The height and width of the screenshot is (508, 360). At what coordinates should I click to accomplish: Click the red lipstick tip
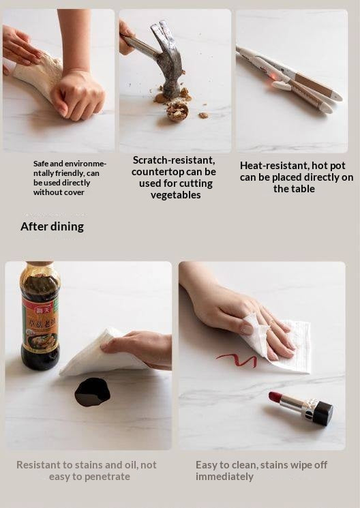(x=275, y=397)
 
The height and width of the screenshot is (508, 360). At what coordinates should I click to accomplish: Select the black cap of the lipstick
(x=322, y=413)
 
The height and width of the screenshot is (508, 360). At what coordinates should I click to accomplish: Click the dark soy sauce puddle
(x=92, y=392)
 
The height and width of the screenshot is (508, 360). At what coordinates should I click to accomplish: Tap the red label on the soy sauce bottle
(x=39, y=310)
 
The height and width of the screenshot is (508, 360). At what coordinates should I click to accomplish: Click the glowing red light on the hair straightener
(x=273, y=77)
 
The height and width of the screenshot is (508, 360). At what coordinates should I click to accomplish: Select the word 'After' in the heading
(x=33, y=226)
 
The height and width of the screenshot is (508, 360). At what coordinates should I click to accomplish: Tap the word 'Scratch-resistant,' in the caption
(x=174, y=160)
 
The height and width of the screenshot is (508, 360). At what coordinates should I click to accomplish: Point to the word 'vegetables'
(x=175, y=196)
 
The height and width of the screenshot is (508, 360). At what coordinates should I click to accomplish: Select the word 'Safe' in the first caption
(x=41, y=164)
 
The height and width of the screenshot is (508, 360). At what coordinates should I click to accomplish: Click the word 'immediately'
(x=224, y=477)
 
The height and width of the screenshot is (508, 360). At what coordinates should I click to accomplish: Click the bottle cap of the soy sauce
(x=40, y=263)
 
